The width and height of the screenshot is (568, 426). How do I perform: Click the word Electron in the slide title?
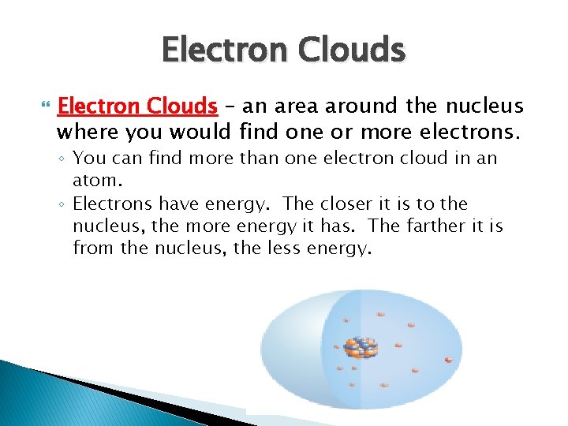click(x=223, y=50)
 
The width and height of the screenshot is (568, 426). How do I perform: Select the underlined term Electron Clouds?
click(x=138, y=106)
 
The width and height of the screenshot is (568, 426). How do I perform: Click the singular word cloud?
click(x=427, y=159)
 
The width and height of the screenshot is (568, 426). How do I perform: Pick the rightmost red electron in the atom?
click(x=448, y=361)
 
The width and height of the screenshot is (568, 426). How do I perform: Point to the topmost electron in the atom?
click(x=381, y=313)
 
